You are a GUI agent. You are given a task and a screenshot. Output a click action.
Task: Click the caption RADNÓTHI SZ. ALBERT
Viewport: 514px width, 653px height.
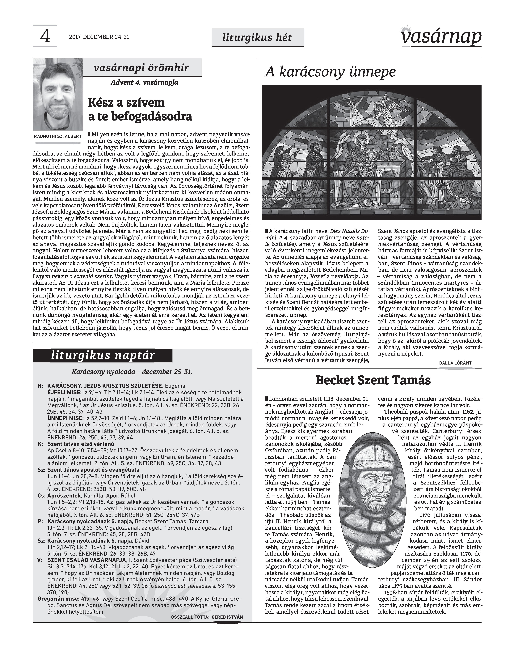pyautogui.click(x=58, y=136)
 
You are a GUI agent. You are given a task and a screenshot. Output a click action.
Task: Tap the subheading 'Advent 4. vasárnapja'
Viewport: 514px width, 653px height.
pyautogui.click(x=144, y=82)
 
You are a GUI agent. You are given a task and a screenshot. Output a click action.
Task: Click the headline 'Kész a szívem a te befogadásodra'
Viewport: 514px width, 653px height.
pyautogui.click(x=140, y=109)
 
